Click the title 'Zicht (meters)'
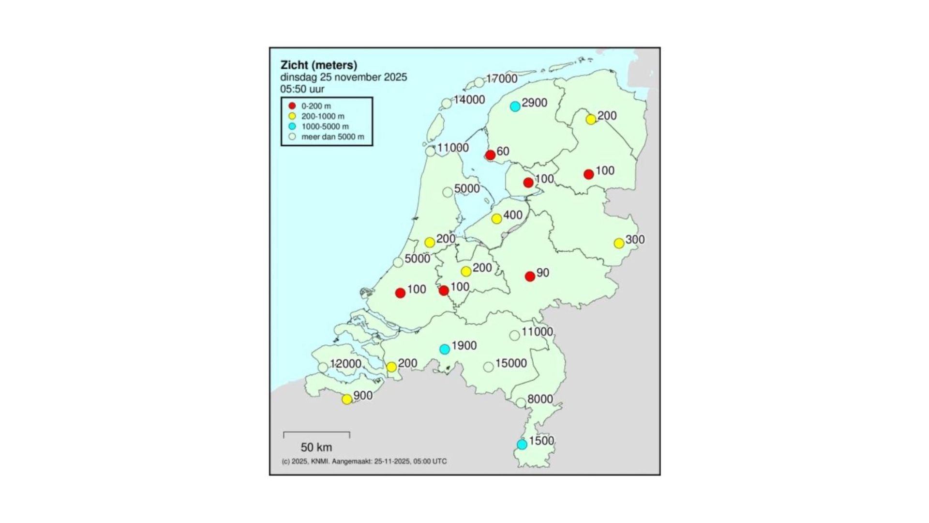click(319, 65)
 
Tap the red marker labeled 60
click(490, 155)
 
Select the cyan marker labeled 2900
click(515, 106)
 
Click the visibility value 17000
click(502, 78)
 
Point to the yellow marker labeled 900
click(347, 400)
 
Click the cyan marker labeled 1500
click(522, 444)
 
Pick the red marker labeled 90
click(530, 277)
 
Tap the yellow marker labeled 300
click(619, 243)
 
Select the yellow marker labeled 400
click(496, 219)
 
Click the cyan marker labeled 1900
click(445, 349)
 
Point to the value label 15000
click(511, 363)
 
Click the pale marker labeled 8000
click(521, 402)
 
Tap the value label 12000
click(346, 364)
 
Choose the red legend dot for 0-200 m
click(292, 106)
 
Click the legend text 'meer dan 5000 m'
click(332, 137)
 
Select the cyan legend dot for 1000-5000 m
click(292, 126)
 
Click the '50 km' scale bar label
click(316, 447)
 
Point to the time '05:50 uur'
click(302, 89)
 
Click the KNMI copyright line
click(364, 461)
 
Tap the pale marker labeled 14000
click(447, 103)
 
